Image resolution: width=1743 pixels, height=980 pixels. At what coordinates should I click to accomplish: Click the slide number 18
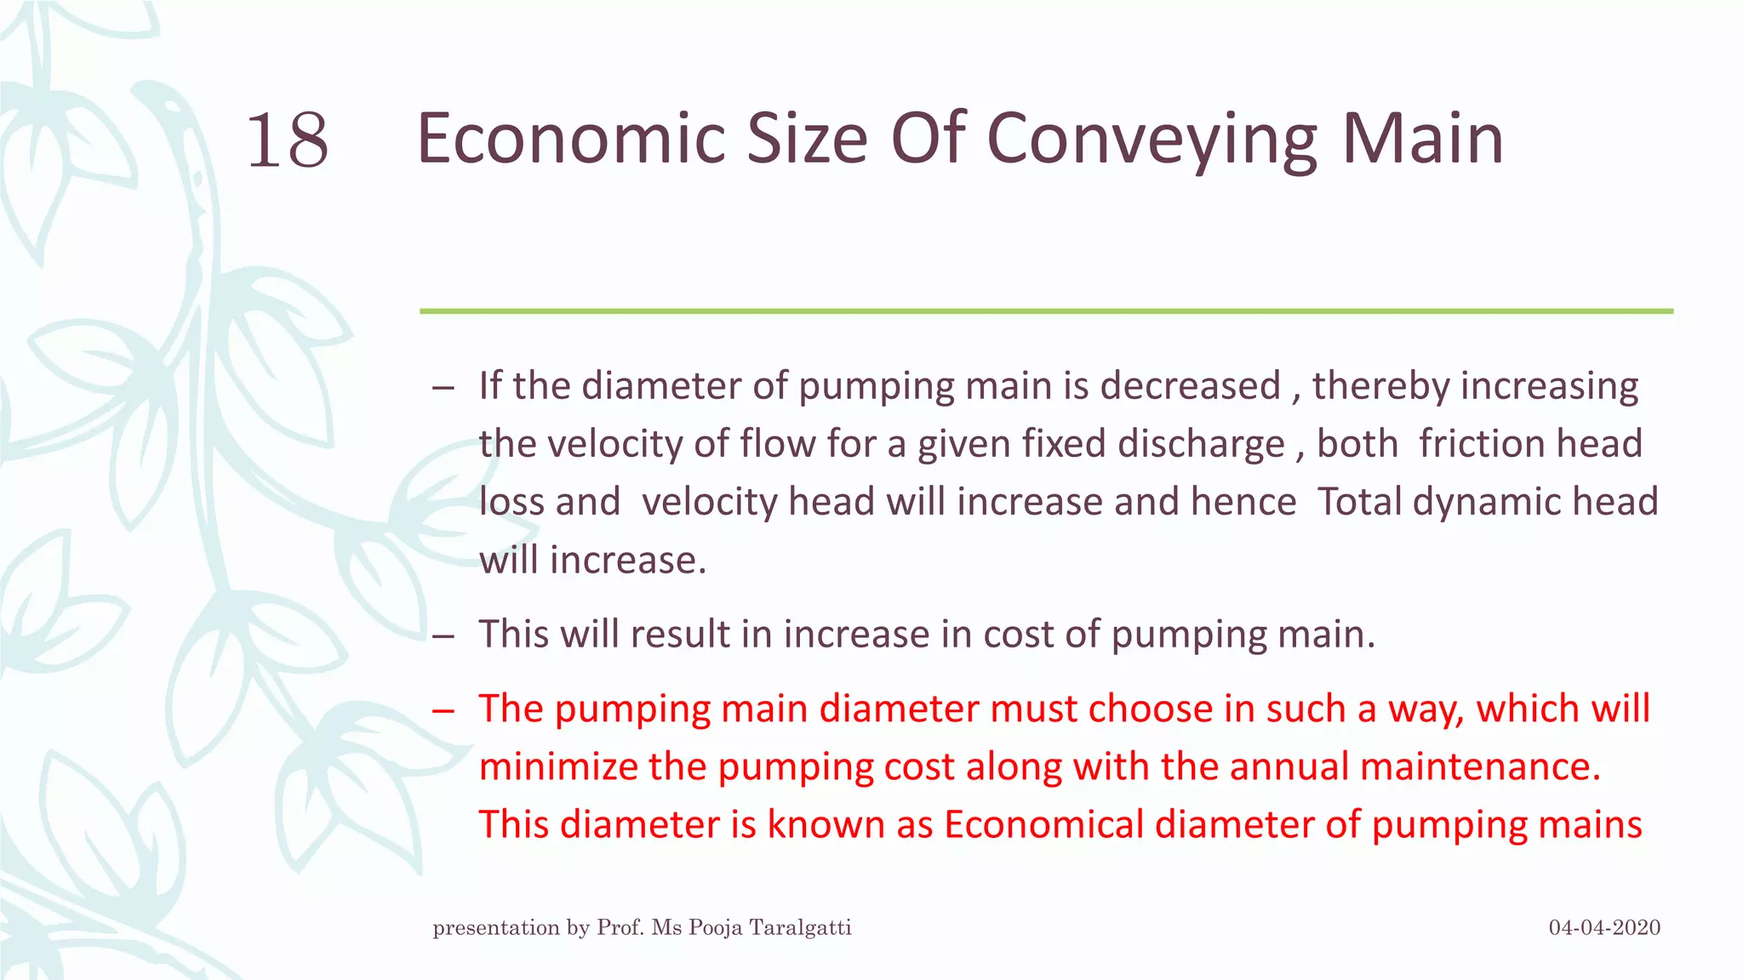click(x=288, y=140)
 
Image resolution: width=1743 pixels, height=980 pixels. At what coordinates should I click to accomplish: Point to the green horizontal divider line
click(x=1046, y=311)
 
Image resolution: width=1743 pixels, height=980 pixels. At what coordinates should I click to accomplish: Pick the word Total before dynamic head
click(x=1360, y=502)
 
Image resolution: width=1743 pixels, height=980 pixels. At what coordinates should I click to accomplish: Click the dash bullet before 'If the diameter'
click(x=443, y=389)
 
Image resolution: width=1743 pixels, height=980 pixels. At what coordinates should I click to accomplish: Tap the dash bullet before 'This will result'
click(x=443, y=636)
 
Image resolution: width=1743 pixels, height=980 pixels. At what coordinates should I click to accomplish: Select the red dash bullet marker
click(x=443, y=711)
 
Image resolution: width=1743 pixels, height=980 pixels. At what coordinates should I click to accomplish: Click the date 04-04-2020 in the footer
click(x=1604, y=927)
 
